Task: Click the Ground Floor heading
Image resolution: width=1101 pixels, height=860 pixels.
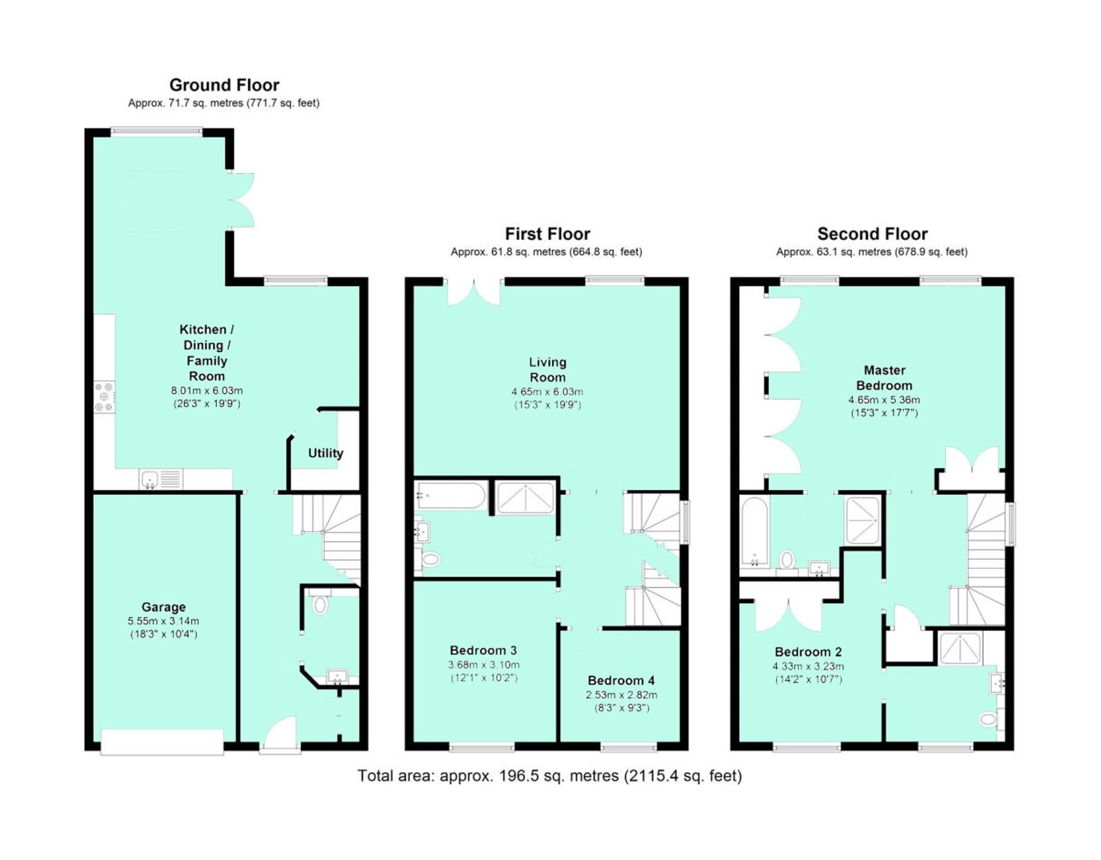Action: pyautogui.click(x=224, y=85)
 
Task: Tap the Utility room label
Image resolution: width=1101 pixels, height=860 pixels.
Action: pyautogui.click(x=325, y=453)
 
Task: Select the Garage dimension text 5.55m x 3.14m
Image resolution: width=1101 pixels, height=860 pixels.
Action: pyautogui.click(x=163, y=620)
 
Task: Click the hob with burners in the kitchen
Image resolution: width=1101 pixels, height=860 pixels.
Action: pyautogui.click(x=104, y=396)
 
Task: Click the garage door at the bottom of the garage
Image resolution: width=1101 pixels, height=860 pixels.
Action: pyautogui.click(x=162, y=742)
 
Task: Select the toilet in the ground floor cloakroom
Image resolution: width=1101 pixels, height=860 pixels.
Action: pyautogui.click(x=319, y=604)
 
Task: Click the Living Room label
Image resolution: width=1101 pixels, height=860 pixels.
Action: pyautogui.click(x=547, y=369)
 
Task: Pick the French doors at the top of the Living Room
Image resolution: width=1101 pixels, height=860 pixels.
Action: pyautogui.click(x=473, y=292)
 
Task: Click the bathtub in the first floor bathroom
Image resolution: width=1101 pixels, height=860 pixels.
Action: pyautogui.click(x=450, y=496)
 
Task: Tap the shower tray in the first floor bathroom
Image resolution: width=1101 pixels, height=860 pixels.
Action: pyautogui.click(x=525, y=498)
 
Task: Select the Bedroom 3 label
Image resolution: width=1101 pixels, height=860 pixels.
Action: pyautogui.click(x=483, y=650)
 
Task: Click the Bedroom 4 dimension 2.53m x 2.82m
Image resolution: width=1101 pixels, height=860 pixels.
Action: pyautogui.click(x=621, y=695)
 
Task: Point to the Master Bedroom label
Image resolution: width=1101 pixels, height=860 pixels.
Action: pyautogui.click(x=884, y=378)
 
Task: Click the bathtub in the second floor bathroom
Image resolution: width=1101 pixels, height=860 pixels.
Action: pyautogui.click(x=754, y=532)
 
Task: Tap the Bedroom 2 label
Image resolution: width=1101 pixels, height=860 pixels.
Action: pyautogui.click(x=808, y=652)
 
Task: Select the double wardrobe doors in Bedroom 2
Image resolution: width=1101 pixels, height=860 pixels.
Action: pyautogui.click(x=788, y=614)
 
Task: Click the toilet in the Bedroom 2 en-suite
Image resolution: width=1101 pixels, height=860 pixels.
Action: pyautogui.click(x=988, y=719)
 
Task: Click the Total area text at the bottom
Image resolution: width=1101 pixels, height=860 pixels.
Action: pyautogui.click(x=549, y=776)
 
